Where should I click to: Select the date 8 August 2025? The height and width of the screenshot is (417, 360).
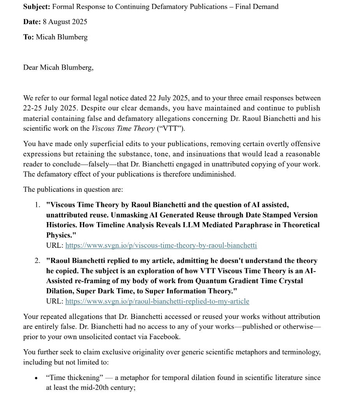coord(65,22)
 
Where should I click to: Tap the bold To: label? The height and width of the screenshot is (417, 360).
coord(28,37)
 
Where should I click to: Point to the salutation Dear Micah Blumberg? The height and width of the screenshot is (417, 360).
coord(58,68)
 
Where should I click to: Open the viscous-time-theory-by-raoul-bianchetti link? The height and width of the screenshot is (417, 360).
coord(161,245)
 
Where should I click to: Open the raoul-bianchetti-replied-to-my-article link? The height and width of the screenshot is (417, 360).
coord(157,301)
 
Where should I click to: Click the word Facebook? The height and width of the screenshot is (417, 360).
coord(164,337)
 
